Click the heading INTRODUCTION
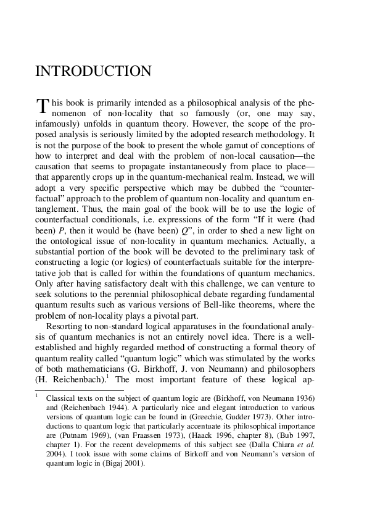click(x=93, y=72)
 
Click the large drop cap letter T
click(x=42, y=107)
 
